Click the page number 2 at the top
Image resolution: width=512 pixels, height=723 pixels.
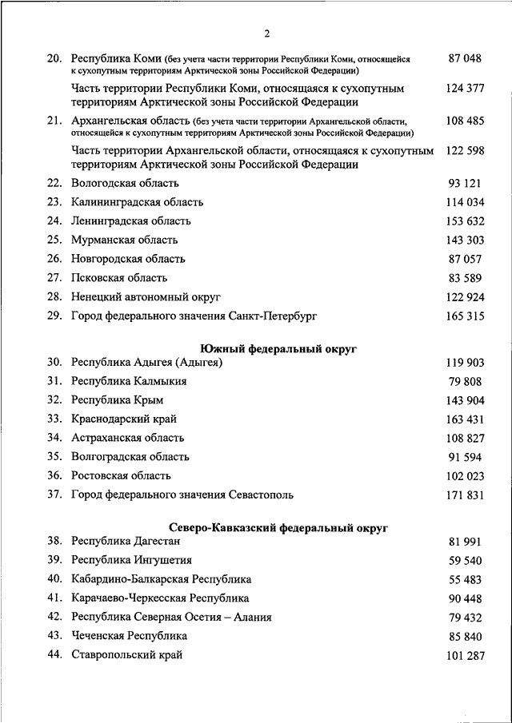[x=267, y=33]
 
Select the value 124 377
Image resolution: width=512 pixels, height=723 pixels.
[x=465, y=87]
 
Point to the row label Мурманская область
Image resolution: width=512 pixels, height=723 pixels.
[x=124, y=240]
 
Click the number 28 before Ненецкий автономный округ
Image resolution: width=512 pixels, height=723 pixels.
[x=54, y=297]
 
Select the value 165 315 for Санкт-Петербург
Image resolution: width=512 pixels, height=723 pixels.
[x=465, y=316]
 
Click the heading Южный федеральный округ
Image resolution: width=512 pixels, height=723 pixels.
[x=278, y=348]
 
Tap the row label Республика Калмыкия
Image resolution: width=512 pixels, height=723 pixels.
[x=129, y=381]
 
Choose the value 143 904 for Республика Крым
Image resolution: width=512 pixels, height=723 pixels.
[x=465, y=399]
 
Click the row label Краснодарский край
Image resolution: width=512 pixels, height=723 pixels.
[x=124, y=419]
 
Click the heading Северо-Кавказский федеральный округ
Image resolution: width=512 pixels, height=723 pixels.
[x=279, y=527]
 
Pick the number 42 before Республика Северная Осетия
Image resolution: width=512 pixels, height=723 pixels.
[x=54, y=617]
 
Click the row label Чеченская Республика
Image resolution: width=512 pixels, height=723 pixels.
[x=129, y=636]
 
